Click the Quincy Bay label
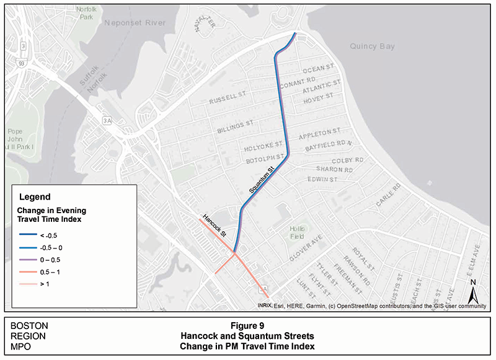[x=372, y=46]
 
